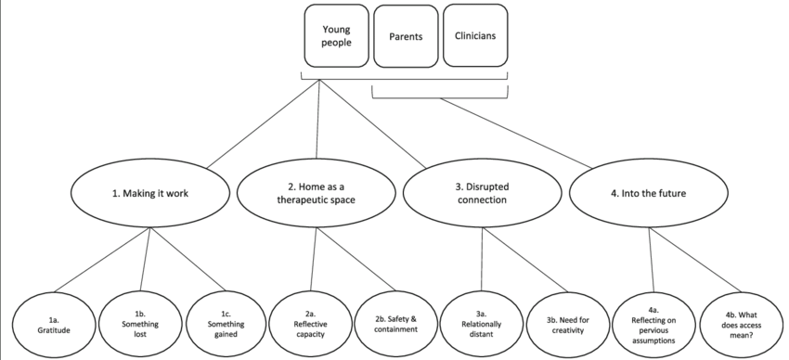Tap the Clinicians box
point(474,36)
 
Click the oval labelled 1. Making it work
point(149,194)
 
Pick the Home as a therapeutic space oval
point(317,194)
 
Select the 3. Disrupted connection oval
point(483,194)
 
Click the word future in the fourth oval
point(682,194)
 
